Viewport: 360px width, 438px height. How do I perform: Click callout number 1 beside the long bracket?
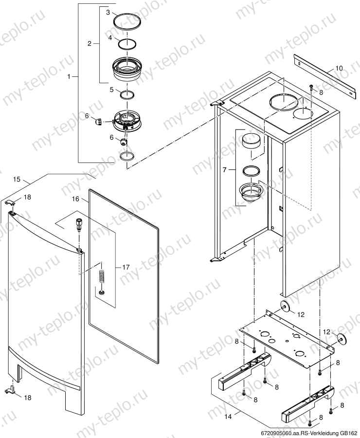click(x=69, y=76)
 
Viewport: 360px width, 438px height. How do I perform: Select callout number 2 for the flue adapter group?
click(x=90, y=44)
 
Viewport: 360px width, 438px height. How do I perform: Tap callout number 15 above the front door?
click(x=17, y=180)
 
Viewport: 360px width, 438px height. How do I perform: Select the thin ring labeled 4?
click(x=127, y=44)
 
